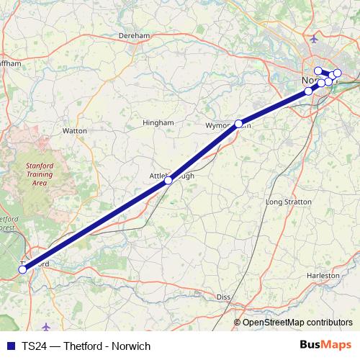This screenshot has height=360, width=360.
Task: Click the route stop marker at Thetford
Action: coord(22,269)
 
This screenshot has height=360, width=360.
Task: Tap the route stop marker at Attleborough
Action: coord(168,181)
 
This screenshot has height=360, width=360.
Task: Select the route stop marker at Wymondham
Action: coord(238,123)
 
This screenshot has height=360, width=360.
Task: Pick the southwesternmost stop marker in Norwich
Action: coord(309,91)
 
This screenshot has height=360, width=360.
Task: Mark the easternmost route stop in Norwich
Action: coord(337,73)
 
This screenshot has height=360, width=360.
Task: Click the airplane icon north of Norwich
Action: coord(312,37)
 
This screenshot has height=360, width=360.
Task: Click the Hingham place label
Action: coord(158,123)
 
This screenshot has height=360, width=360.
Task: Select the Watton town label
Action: coord(75,131)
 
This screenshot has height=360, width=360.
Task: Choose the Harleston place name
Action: coord(322,276)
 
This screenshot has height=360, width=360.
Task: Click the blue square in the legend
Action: coord(10,346)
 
